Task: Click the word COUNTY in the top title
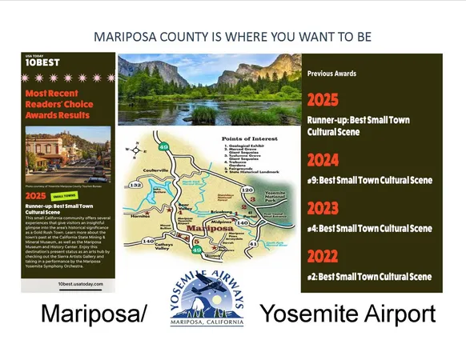click(185, 37)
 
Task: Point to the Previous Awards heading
click(331, 73)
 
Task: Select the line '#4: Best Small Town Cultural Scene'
click(368, 228)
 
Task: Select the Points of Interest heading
click(243, 138)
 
